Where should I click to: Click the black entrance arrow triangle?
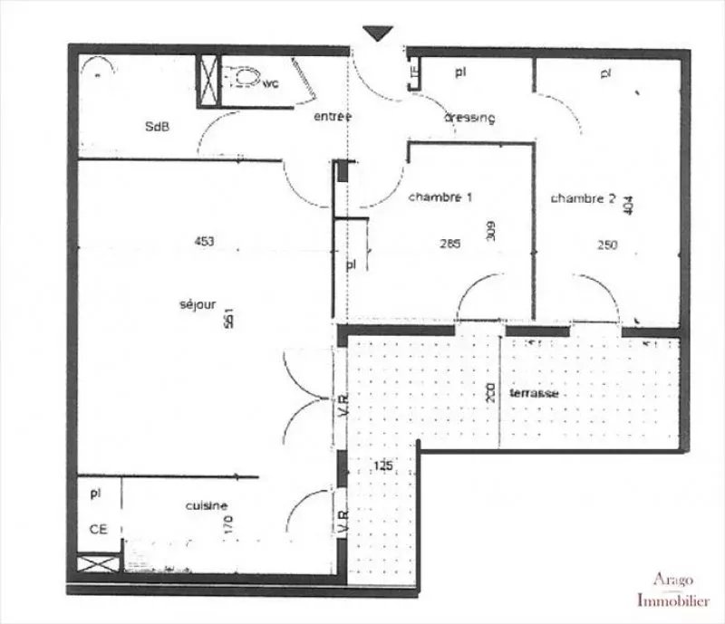tap(378, 34)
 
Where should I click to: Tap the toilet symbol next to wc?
tap(241, 79)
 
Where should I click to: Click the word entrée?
tap(332, 118)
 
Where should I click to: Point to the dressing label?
tap(469, 119)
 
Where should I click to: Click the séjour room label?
tap(198, 305)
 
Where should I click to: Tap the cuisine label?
tap(207, 506)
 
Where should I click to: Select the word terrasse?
tap(533, 394)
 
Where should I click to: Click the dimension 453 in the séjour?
tap(204, 241)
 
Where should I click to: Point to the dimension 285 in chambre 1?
tap(449, 244)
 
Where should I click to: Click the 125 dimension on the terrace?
tap(384, 466)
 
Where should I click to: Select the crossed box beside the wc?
tap(209, 78)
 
